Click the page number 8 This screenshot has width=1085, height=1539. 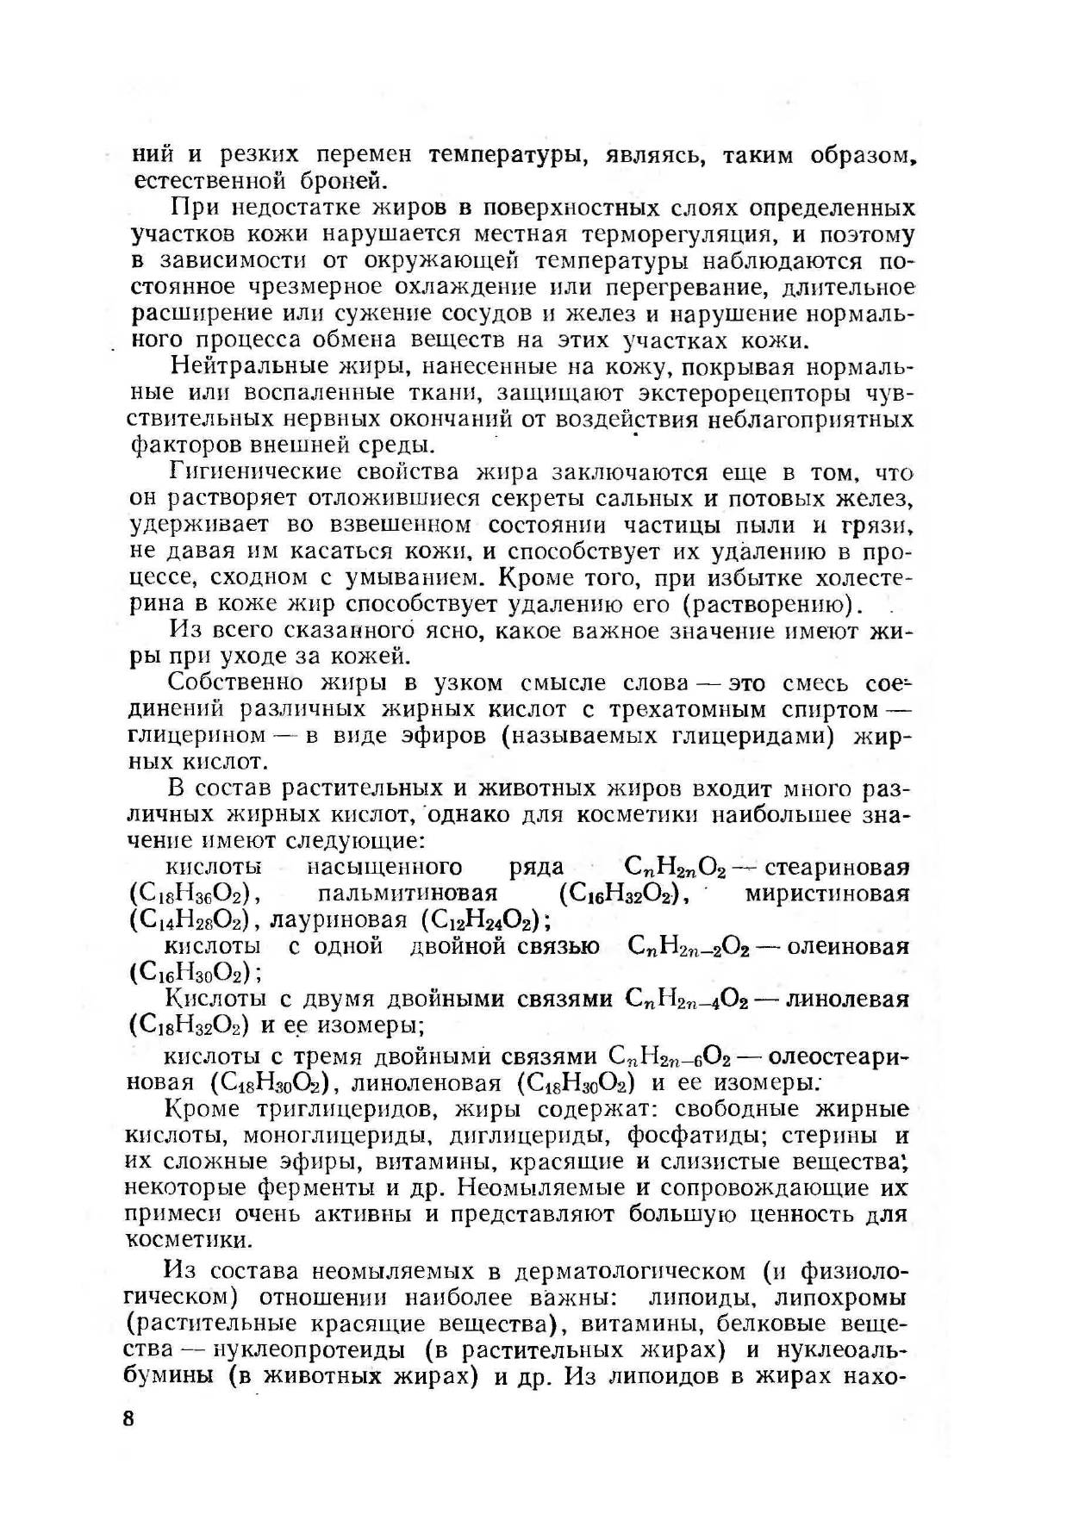(129, 1419)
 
